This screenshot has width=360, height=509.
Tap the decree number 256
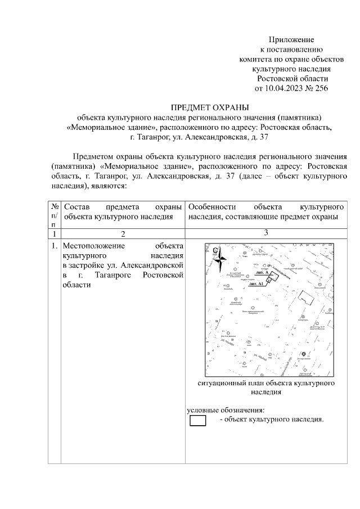320,88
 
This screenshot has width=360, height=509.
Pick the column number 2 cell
122,233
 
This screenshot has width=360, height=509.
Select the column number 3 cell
265,233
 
